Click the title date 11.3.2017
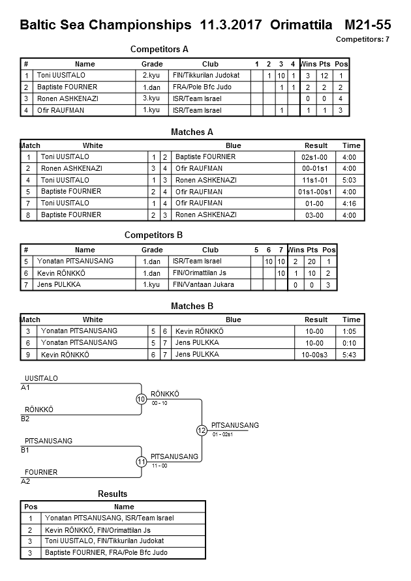click(231, 25)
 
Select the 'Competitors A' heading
click(159, 50)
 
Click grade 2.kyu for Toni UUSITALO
click(151, 76)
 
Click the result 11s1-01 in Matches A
click(316, 180)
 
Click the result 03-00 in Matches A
click(316, 215)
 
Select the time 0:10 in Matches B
click(351, 343)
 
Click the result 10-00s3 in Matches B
click(316, 355)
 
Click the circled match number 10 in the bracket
click(141, 399)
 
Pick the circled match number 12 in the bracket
click(202, 430)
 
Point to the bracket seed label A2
click(26, 481)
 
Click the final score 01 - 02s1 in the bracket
click(222, 434)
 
